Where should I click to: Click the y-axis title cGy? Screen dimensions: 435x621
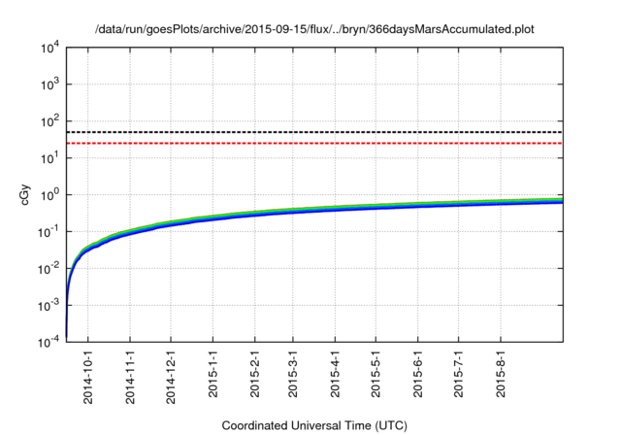26,193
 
